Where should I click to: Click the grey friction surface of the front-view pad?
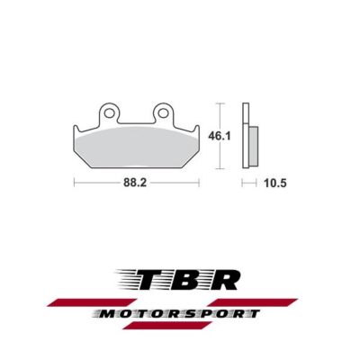pos(137,144)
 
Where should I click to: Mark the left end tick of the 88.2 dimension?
pos(73,184)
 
